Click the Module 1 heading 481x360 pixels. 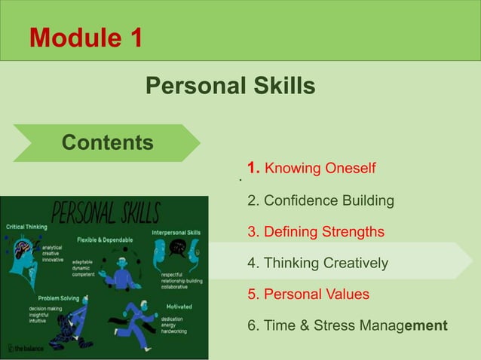pos(85,36)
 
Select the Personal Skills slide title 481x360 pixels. pos(230,86)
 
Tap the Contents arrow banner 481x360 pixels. pos(108,142)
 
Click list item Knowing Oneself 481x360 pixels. pos(311,168)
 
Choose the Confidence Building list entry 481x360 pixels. pos(321,201)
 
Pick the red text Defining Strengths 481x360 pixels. pos(316,232)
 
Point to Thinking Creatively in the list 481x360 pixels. pos(318,264)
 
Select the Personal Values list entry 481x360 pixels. pos(308,294)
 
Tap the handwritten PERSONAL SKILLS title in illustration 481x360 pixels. pos(105,213)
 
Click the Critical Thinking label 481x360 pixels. pos(27,227)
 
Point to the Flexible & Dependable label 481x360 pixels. pos(105,239)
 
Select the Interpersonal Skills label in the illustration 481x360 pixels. pos(176,233)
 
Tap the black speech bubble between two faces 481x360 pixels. pos(177,248)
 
